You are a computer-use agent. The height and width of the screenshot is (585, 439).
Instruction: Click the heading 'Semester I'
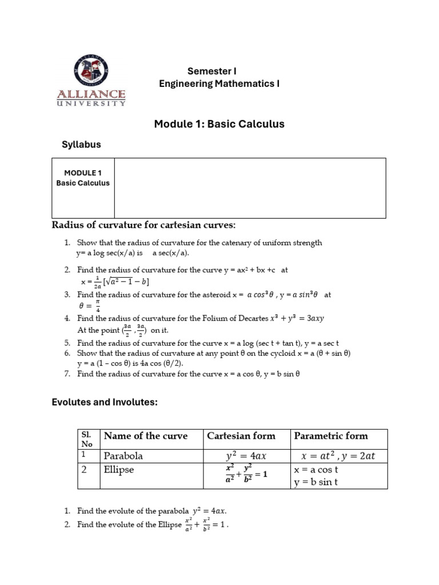211,71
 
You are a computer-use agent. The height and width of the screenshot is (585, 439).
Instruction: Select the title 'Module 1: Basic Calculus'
219,124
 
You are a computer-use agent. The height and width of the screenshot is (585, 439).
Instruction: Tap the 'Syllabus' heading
81,145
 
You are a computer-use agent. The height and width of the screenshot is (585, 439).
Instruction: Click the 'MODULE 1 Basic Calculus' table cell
83,178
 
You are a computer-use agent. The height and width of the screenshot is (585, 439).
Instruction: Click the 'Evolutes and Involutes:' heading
104,403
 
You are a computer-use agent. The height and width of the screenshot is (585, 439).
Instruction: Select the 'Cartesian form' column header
241,436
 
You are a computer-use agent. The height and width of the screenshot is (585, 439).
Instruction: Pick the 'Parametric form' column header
330,436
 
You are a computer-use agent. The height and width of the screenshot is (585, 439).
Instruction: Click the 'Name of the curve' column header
145,436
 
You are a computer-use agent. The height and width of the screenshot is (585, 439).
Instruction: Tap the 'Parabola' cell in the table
123,456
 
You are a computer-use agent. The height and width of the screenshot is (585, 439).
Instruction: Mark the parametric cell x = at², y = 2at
338,456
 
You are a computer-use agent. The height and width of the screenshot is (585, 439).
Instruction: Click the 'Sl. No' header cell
89,438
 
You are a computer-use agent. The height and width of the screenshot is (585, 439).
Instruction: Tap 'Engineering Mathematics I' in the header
219,85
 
